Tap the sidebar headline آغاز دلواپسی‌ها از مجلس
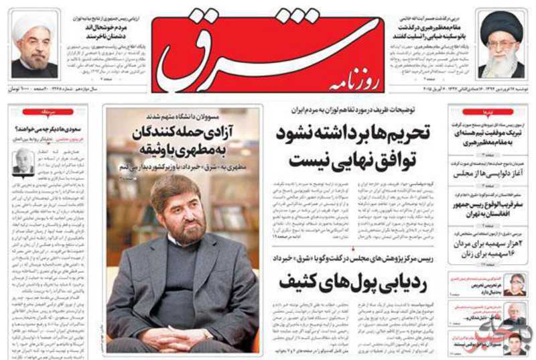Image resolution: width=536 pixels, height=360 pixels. tap(485, 174)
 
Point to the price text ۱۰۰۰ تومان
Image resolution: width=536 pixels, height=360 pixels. tap(20, 89)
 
